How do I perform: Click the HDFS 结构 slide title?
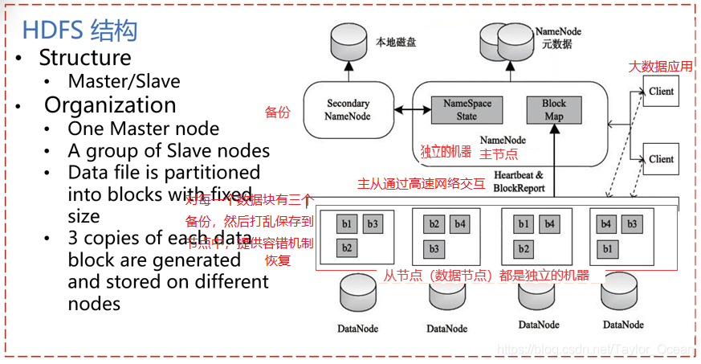80,31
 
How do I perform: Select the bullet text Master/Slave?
124,81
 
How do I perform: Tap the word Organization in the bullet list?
110,105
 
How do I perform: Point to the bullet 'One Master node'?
144,129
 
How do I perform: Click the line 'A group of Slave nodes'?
169,150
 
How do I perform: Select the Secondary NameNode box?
348,109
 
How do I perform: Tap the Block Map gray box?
553,109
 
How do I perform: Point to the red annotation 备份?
277,112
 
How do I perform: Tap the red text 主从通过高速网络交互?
421,183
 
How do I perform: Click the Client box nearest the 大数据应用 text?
661,92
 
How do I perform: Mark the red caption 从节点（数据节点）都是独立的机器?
485,276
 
